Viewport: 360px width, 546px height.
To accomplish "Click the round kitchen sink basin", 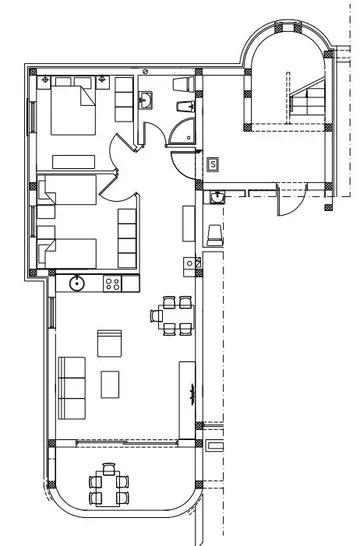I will click(76, 283).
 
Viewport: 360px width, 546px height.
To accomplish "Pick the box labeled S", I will click(213, 163).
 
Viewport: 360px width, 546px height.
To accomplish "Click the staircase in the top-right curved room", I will click(307, 100).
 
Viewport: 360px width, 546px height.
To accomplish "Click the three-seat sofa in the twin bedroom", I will click(127, 232).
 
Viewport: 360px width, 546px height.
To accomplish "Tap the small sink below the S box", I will click(217, 198).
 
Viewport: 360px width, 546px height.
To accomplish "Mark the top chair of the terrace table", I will click(109, 467).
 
